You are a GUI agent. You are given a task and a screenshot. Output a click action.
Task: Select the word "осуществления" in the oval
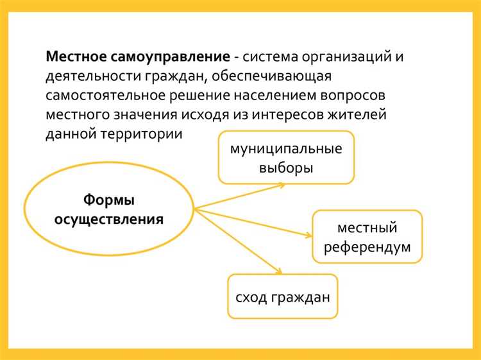pos(108,219)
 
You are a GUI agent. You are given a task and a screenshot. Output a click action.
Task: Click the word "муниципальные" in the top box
pos(285,150)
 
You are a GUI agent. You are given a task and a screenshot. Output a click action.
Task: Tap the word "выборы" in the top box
pos(286,169)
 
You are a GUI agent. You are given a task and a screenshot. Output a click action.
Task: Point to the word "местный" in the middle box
pos(367,227)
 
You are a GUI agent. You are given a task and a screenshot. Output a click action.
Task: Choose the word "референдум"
pos(367,247)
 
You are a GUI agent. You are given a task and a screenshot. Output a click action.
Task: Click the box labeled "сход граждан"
pos(282,296)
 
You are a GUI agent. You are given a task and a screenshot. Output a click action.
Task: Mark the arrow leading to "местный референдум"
pos(257,221)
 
